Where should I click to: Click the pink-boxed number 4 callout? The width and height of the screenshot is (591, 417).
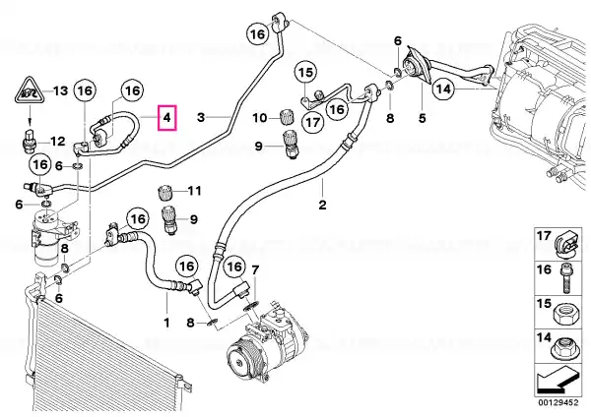click(x=167, y=118)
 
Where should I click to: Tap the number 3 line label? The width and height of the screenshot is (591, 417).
click(x=201, y=117)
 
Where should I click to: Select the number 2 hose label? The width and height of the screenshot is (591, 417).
click(x=322, y=206)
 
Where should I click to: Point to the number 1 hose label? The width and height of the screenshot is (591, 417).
click(x=166, y=323)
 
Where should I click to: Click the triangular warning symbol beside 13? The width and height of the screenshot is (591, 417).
click(x=29, y=91)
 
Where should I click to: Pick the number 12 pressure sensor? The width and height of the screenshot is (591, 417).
click(x=29, y=143)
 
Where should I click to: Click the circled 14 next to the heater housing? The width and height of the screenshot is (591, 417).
click(x=443, y=89)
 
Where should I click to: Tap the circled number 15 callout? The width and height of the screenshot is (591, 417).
click(x=305, y=72)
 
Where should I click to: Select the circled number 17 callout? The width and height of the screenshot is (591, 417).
click(x=313, y=122)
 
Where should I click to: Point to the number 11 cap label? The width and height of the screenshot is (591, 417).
click(x=195, y=191)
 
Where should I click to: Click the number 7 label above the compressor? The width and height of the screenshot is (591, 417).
click(x=255, y=269)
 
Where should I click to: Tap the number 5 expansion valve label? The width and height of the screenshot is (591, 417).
click(x=423, y=118)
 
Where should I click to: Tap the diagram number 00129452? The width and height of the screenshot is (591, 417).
click(x=558, y=402)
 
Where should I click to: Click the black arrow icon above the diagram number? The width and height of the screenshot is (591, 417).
click(x=558, y=382)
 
